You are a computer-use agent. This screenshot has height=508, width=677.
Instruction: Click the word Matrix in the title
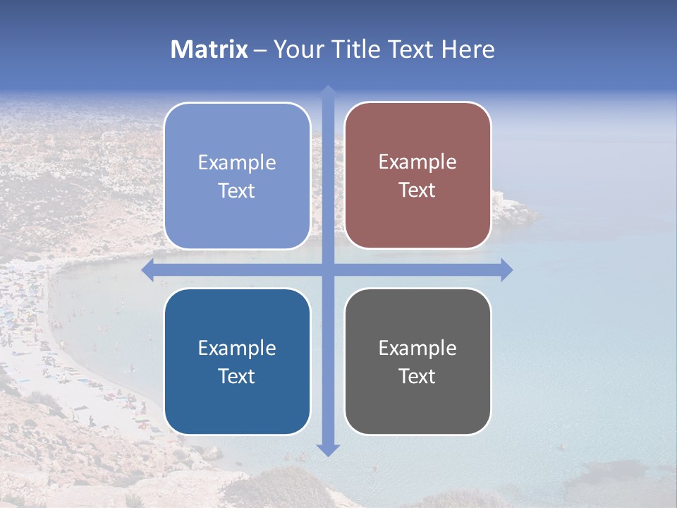click(x=209, y=49)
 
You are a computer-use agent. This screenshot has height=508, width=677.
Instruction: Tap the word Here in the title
click(x=468, y=49)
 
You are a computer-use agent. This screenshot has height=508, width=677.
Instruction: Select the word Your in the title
click(x=295, y=49)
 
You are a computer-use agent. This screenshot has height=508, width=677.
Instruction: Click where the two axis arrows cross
click(x=328, y=270)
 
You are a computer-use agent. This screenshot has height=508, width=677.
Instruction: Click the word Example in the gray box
click(x=417, y=348)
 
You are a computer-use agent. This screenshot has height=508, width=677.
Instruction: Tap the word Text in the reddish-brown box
click(x=417, y=190)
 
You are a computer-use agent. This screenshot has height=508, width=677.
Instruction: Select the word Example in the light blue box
click(x=237, y=162)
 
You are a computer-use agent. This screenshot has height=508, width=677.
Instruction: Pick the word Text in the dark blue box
click(x=237, y=376)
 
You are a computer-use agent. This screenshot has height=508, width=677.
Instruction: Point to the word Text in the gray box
click(x=417, y=376)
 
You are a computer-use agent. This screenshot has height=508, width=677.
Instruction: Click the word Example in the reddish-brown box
click(x=417, y=162)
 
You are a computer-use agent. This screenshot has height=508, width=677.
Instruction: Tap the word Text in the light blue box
click(x=237, y=190)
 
